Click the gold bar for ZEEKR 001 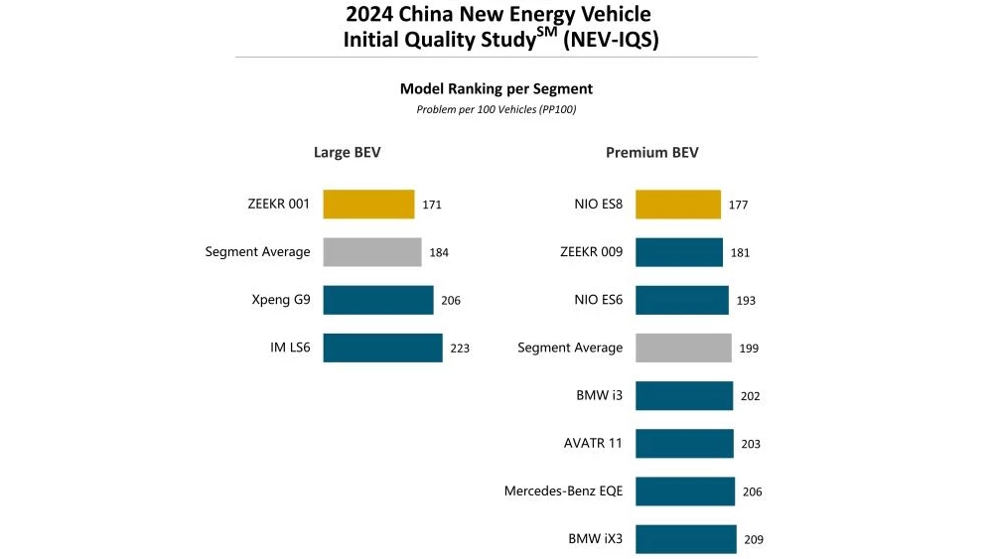tap(368, 205)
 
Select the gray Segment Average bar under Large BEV tap(372, 252)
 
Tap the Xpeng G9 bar tap(378, 300)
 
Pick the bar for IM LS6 tap(382, 348)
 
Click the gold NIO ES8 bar tap(678, 205)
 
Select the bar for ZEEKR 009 tap(679, 252)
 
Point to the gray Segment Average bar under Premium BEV tap(683, 348)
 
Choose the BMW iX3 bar tap(686, 539)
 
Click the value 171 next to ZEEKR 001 tap(432, 206)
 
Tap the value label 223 tap(460, 349)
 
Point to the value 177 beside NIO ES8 tap(738, 206)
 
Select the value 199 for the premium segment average tap(749, 349)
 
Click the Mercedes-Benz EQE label tap(563, 491)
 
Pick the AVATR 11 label tap(593, 443)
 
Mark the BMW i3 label tap(600, 395)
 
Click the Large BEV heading tap(348, 153)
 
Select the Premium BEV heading tap(652, 153)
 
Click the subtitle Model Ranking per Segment tap(496, 89)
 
